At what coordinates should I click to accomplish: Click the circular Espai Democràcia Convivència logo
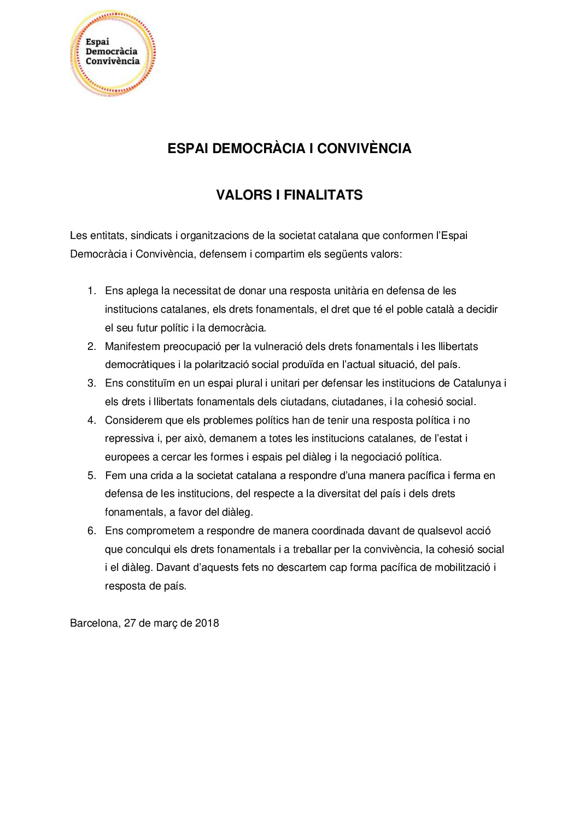tap(113, 53)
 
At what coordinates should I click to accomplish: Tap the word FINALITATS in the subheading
tap(323, 195)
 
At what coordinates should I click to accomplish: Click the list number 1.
tap(92, 291)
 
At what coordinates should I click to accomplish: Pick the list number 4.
tap(92, 420)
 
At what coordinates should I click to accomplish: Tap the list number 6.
tap(92, 531)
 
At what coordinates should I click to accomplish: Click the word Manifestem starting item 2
tap(132, 347)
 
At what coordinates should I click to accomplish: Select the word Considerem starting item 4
tap(131, 420)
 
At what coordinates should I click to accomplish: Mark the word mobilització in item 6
tap(463, 568)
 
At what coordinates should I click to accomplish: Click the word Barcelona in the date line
tap(94, 623)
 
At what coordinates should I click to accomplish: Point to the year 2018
tap(207, 623)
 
